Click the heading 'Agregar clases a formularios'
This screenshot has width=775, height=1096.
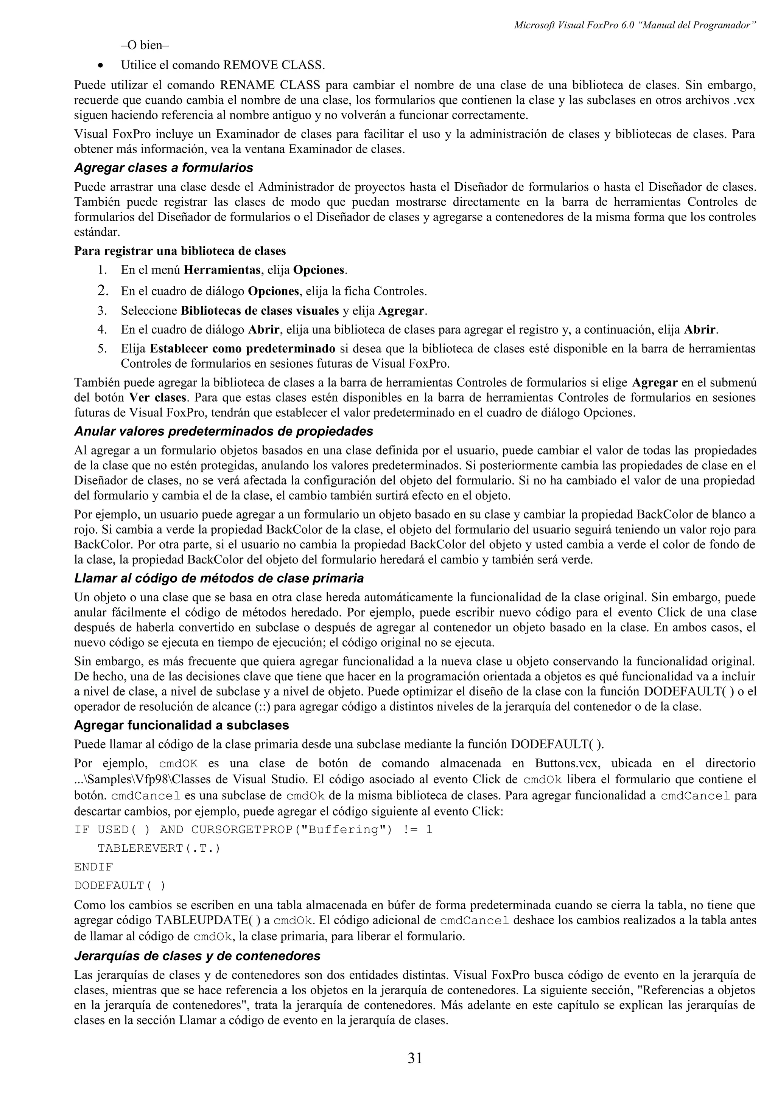tap(163, 168)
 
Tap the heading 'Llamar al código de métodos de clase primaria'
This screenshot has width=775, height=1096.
tap(219, 579)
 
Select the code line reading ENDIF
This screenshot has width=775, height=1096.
tap(93, 867)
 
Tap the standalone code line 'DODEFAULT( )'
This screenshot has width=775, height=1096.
tap(120, 885)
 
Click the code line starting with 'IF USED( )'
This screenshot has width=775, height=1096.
tap(253, 830)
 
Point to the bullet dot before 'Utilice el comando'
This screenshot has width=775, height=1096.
tap(100, 65)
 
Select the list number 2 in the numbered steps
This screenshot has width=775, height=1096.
tap(102, 290)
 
